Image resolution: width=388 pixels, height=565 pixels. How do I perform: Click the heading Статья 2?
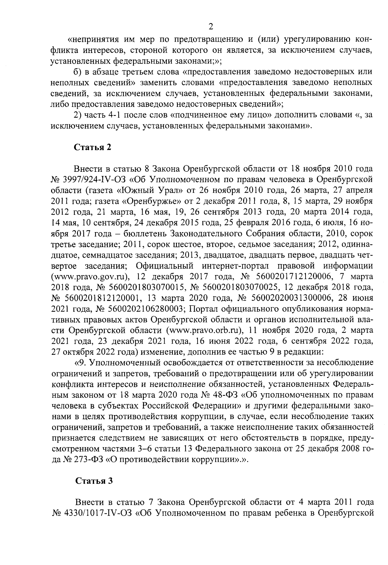[93, 148]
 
